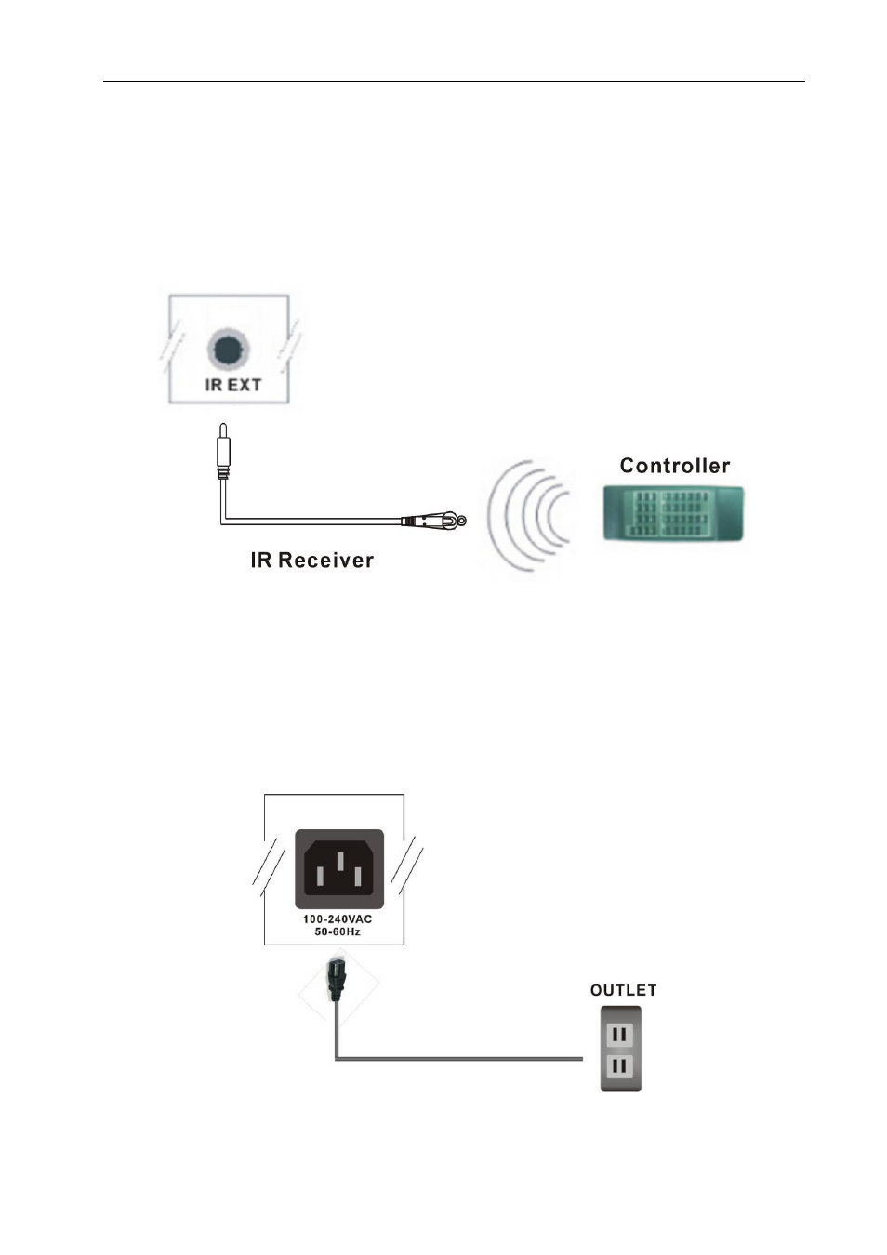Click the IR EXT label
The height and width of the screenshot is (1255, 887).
coord(232,386)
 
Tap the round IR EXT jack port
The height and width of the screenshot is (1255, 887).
coord(229,350)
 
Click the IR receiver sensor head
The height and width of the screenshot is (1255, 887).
coord(434,521)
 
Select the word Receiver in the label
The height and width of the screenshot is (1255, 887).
coord(325,561)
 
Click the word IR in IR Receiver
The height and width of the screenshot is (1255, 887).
coord(261,561)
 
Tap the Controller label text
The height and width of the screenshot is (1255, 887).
coord(675,466)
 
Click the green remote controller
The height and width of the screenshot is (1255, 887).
coord(673,514)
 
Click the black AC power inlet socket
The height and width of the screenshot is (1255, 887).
coord(339,868)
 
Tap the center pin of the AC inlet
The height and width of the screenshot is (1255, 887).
coord(339,862)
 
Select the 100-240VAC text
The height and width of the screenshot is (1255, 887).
coord(338,918)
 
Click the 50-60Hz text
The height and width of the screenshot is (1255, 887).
coord(338,932)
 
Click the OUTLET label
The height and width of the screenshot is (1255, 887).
coord(623,991)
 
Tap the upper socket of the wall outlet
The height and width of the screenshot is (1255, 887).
coord(620,1033)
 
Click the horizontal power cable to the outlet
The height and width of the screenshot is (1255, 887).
coord(459,1058)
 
